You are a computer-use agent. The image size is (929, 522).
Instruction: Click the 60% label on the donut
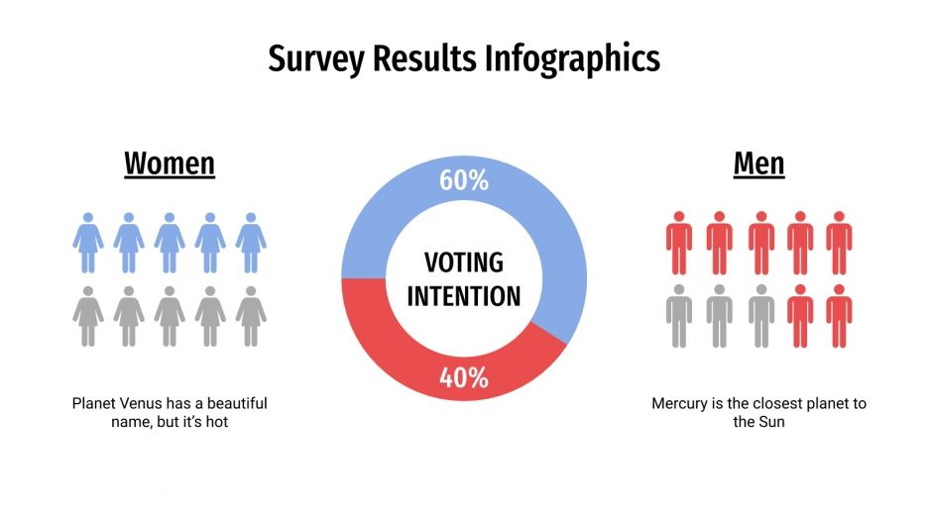pyautogui.click(x=464, y=180)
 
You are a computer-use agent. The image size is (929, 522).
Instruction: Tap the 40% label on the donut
pyautogui.click(x=464, y=377)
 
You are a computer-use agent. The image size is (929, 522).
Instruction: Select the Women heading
pyautogui.click(x=170, y=162)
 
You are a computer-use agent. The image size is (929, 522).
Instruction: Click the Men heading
pyautogui.click(x=758, y=162)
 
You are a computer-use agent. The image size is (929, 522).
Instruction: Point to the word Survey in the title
pyautogui.click(x=317, y=58)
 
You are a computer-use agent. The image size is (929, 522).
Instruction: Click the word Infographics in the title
pyautogui.click(x=572, y=58)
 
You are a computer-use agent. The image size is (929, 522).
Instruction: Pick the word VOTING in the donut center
pyautogui.click(x=464, y=262)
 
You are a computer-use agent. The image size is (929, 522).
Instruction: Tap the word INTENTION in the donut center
pyautogui.click(x=464, y=295)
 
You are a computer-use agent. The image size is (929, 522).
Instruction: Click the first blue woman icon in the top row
pyautogui.click(x=88, y=242)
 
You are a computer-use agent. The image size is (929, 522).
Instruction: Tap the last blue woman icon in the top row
pyautogui.click(x=251, y=242)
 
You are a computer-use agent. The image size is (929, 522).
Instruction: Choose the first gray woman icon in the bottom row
pyautogui.click(x=88, y=316)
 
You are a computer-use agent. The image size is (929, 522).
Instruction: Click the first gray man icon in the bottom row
pyautogui.click(x=679, y=316)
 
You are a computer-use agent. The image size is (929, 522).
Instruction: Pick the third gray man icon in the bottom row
pyautogui.click(x=760, y=316)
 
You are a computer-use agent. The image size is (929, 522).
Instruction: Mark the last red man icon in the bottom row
pyautogui.click(x=839, y=316)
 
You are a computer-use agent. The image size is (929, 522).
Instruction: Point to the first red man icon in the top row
pyautogui.click(x=679, y=242)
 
